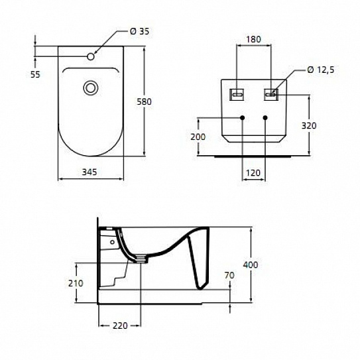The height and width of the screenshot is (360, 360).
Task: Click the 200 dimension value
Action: pyautogui.click(x=198, y=137)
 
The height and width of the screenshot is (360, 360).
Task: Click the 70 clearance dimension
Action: pyautogui.click(x=230, y=274)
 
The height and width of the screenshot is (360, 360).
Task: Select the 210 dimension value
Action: pyautogui.click(x=76, y=283)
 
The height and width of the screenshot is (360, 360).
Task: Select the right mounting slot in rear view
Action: pyautogui.click(x=272, y=93)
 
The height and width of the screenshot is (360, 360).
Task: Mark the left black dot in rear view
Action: pyautogui.click(x=243, y=118)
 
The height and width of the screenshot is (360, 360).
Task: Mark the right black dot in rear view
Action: pyautogui.click(x=265, y=118)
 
